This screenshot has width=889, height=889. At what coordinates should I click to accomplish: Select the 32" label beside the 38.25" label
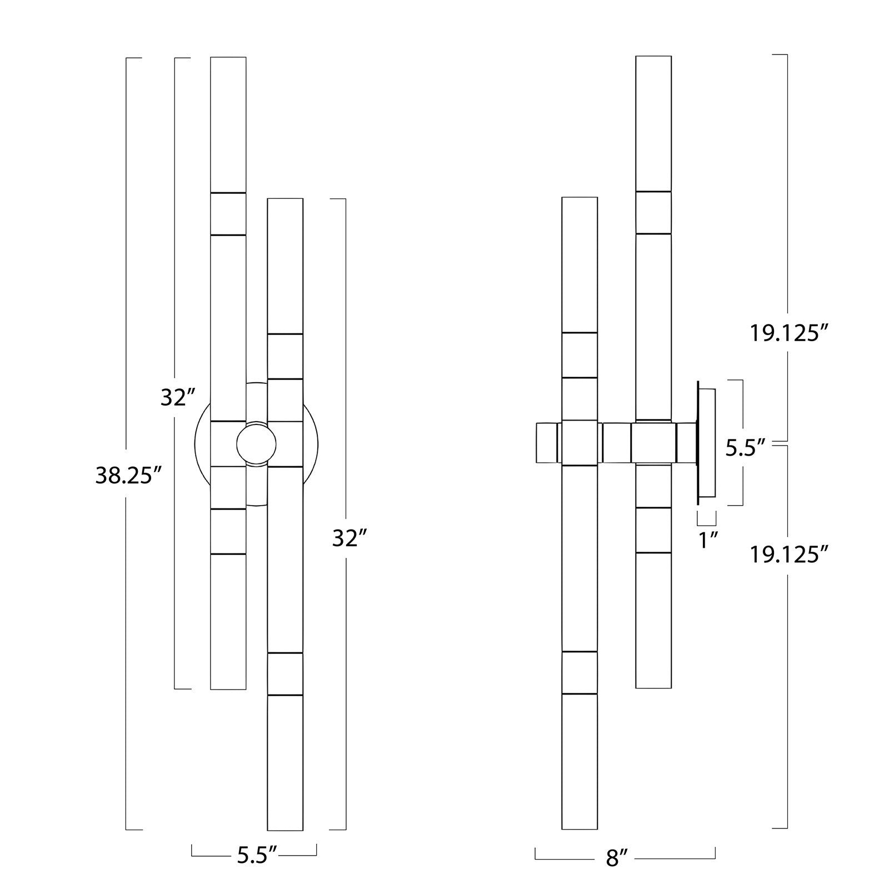pos(177,397)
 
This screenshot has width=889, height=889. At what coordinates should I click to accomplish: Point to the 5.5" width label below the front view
pos(257,856)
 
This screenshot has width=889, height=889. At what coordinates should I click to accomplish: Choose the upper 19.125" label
pos(789,333)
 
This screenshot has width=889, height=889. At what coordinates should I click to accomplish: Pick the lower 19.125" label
pos(789,555)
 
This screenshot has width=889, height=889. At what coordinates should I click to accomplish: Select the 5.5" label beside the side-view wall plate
pos(746,448)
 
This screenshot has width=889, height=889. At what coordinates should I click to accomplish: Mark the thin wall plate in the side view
pos(707,442)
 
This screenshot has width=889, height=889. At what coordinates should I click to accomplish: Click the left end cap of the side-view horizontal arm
pos(547,442)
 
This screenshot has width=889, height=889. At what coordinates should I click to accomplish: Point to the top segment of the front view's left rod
pos(228,124)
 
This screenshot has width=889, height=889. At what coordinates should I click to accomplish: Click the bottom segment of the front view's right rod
pos(285,762)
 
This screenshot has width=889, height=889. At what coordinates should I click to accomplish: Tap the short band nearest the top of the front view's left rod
pos(228,214)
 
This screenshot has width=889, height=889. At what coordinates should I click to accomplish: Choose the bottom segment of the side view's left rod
pos(580,761)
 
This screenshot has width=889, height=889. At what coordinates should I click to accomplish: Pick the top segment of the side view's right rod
pos(653,123)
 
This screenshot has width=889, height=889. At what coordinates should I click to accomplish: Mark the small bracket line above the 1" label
pos(707,518)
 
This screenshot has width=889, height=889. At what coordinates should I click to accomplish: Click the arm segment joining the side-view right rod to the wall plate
pos(687,443)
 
